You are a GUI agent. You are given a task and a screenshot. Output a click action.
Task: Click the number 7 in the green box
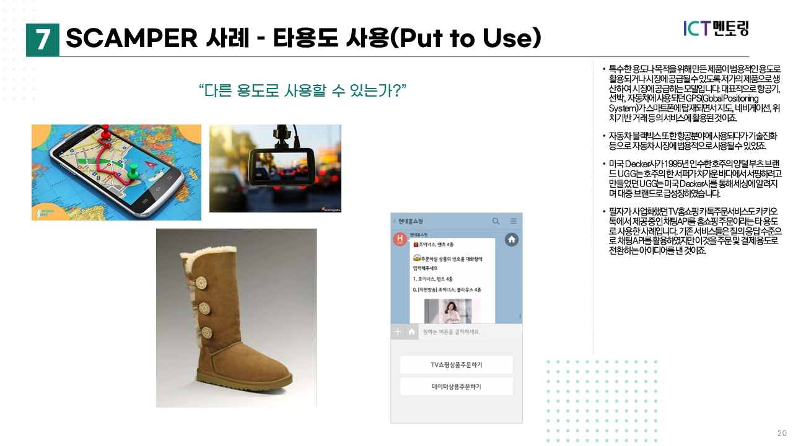pyautogui.click(x=43, y=40)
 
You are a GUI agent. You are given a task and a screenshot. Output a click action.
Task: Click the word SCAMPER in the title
pyautogui.click(x=131, y=39)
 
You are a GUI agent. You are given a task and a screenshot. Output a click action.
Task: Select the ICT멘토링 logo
pyautogui.click(x=716, y=28)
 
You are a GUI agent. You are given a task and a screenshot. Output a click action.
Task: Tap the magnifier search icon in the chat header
pyautogui.click(x=496, y=221)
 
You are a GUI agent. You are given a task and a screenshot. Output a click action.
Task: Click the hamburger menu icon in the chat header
pyautogui.click(x=513, y=221)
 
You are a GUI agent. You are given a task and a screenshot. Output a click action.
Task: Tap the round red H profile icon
pyautogui.click(x=400, y=238)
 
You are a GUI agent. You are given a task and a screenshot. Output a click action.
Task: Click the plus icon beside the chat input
pyautogui.click(x=398, y=332)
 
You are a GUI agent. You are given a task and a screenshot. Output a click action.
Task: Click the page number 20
pyautogui.click(x=782, y=433)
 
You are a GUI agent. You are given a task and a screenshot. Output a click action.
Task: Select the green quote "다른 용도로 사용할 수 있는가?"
pyautogui.click(x=302, y=90)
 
